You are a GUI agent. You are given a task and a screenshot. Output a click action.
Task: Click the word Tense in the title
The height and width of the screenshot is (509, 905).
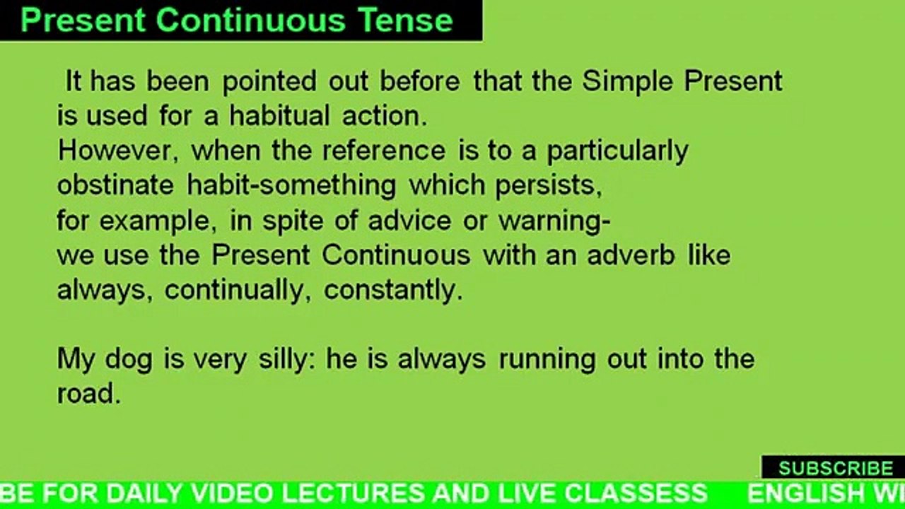pos(407,21)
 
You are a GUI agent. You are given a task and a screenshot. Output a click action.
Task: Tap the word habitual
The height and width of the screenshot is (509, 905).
pos(279,116)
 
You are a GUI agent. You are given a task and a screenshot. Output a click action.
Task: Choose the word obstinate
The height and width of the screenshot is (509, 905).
pos(115,185)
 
